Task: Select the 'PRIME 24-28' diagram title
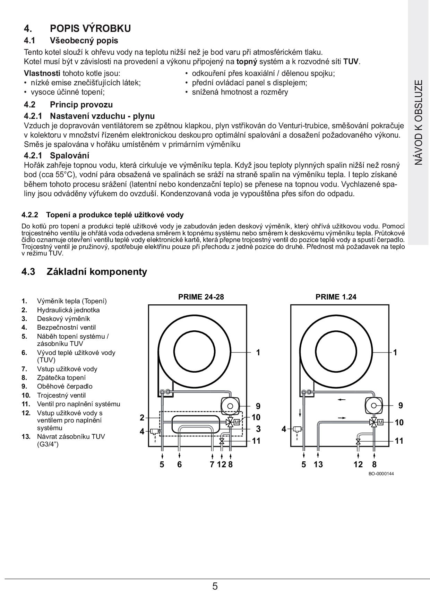[x=201, y=297]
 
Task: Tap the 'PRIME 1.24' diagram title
[x=336, y=297]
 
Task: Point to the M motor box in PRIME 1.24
[x=380, y=422]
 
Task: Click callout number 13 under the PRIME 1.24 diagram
[x=318, y=464]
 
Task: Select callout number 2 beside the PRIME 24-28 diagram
[x=142, y=418]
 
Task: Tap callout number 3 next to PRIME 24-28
[x=258, y=429]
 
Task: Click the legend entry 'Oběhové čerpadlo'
[x=64, y=386]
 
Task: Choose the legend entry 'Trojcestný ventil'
[x=61, y=395]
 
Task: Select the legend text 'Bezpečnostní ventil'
[x=66, y=327]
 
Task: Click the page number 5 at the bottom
[x=215, y=587]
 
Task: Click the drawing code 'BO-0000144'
[x=381, y=474]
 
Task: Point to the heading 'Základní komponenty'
[x=97, y=271]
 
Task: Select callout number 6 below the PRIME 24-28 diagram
[x=179, y=464]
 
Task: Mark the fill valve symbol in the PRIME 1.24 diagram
[x=358, y=441]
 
